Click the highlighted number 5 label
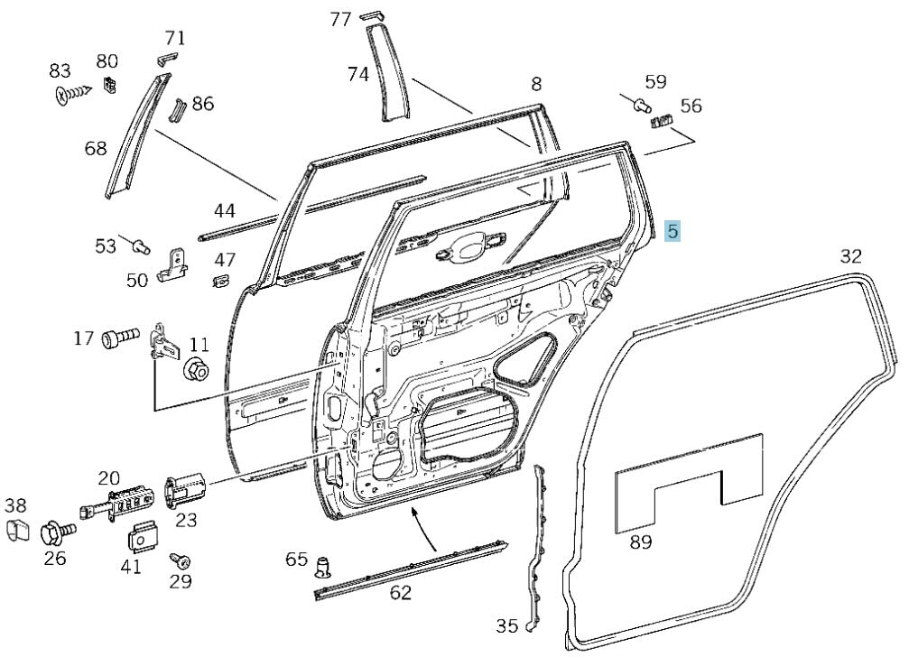click(x=672, y=231)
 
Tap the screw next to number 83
click(x=71, y=94)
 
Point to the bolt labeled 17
click(x=119, y=339)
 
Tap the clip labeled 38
click(x=16, y=531)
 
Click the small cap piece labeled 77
click(x=371, y=16)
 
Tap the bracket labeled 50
click(x=172, y=266)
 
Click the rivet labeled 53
click(x=138, y=244)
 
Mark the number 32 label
click(x=851, y=256)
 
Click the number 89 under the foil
click(x=641, y=542)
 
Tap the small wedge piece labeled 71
click(x=164, y=57)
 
